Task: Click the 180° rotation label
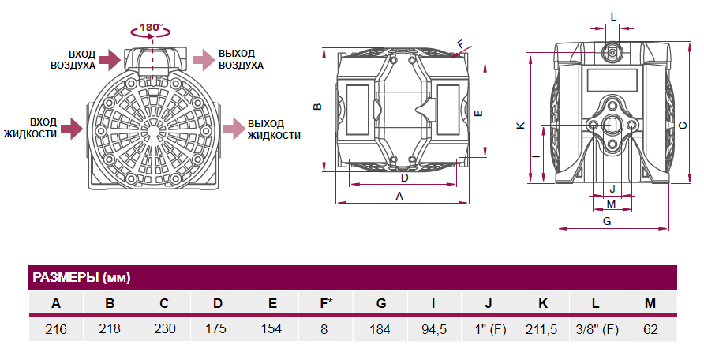click(151, 28)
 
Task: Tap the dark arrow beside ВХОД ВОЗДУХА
click(110, 60)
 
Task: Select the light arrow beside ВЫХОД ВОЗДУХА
click(204, 60)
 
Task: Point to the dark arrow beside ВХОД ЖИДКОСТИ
click(73, 129)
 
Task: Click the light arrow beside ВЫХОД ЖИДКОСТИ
click(234, 129)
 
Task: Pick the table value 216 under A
click(56, 329)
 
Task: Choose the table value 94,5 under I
click(434, 329)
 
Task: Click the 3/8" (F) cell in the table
click(597, 329)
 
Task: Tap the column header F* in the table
click(327, 303)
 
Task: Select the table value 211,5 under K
click(541, 329)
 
